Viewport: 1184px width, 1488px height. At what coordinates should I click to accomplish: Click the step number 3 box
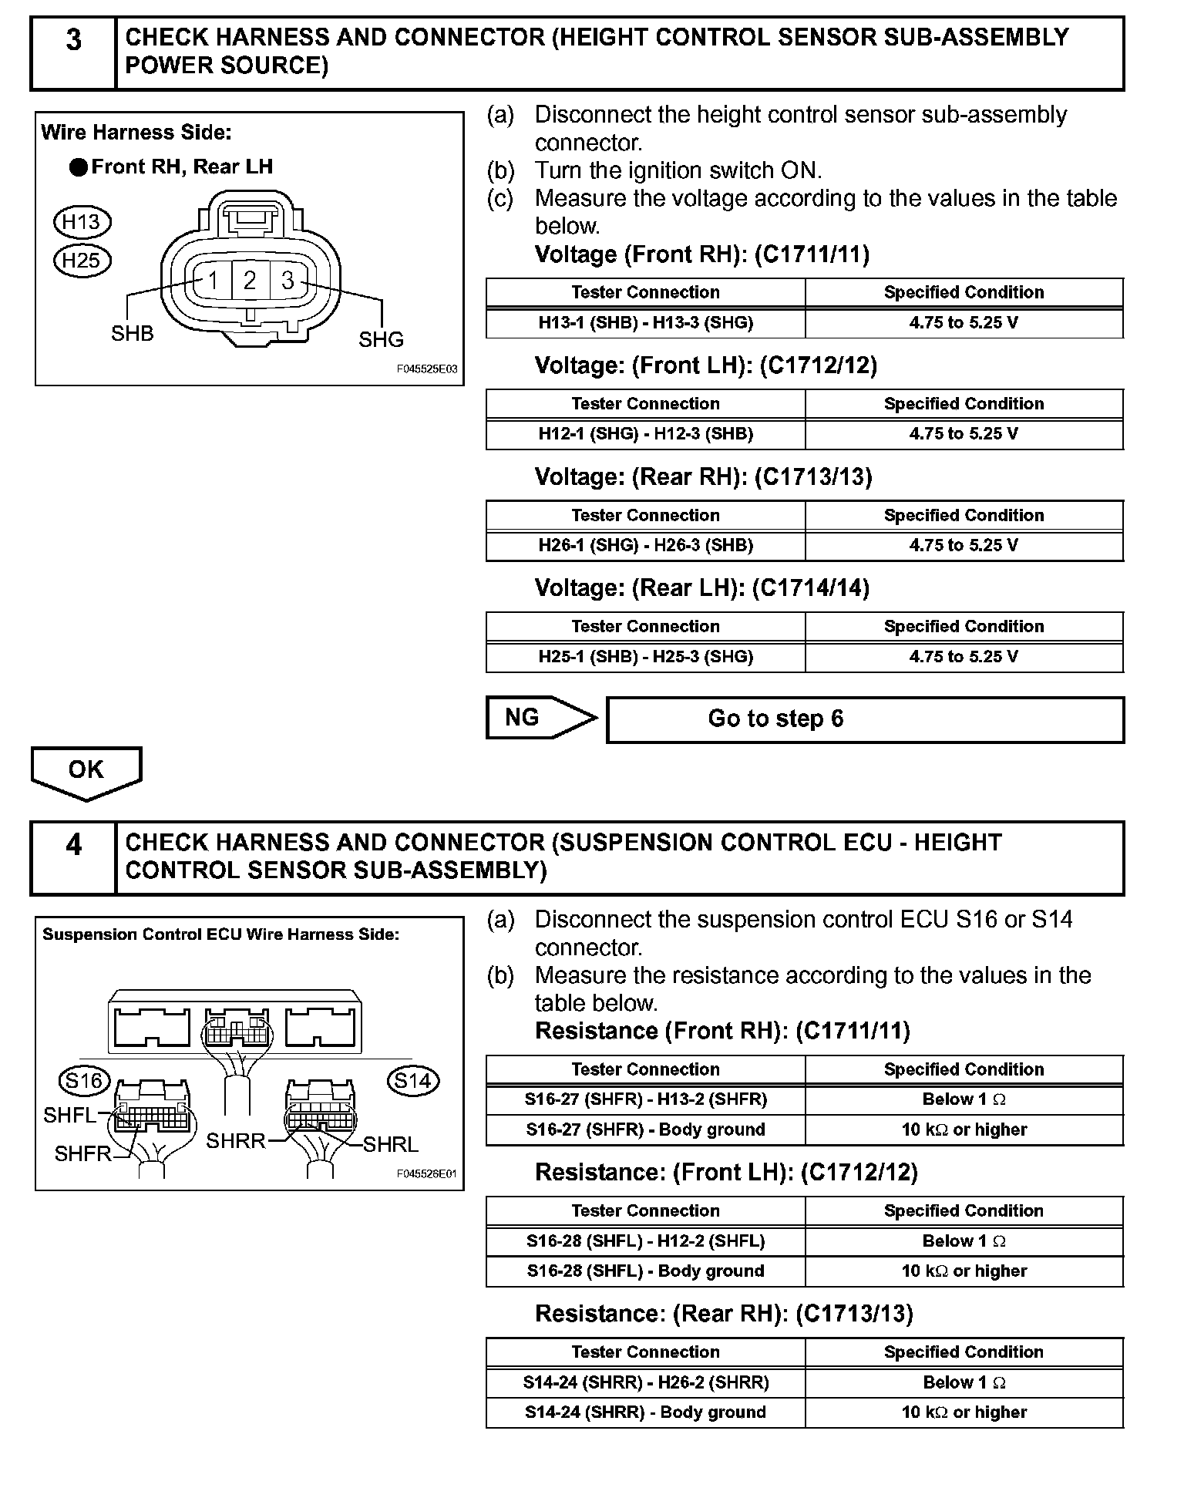click(x=73, y=52)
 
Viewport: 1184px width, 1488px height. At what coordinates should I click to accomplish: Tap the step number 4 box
click(x=73, y=857)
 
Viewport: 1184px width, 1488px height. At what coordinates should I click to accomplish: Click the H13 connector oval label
click(x=82, y=223)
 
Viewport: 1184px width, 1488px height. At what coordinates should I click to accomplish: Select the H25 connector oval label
click(x=82, y=261)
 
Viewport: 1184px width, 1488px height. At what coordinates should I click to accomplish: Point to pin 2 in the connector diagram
click(x=250, y=281)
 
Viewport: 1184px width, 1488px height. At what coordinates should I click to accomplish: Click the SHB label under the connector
click(x=132, y=334)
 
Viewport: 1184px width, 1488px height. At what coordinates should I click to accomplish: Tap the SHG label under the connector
click(x=381, y=339)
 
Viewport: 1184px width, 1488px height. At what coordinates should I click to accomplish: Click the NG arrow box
click(x=540, y=718)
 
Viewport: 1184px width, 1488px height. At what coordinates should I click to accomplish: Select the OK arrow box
click(x=86, y=771)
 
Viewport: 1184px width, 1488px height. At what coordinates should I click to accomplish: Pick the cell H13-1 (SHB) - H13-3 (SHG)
click(x=645, y=323)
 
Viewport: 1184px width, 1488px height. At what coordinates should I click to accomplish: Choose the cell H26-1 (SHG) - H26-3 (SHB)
click(x=645, y=546)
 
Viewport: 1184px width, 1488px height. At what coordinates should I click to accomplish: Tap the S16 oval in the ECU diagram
click(x=84, y=1081)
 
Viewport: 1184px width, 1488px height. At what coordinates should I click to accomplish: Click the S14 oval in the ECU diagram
click(x=413, y=1081)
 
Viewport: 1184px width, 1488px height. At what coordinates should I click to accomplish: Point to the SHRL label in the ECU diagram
click(x=390, y=1145)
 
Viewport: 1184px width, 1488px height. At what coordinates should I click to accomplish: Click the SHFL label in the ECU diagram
click(x=69, y=1115)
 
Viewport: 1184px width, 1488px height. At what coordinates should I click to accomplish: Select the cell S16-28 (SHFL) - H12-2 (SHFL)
click(x=645, y=1241)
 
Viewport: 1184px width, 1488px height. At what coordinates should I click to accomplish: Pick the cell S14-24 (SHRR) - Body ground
click(x=645, y=1412)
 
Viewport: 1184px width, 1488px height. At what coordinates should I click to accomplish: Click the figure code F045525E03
click(x=426, y=369)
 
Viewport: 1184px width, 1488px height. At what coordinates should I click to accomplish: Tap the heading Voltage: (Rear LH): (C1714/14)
click(x=701, y=588)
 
